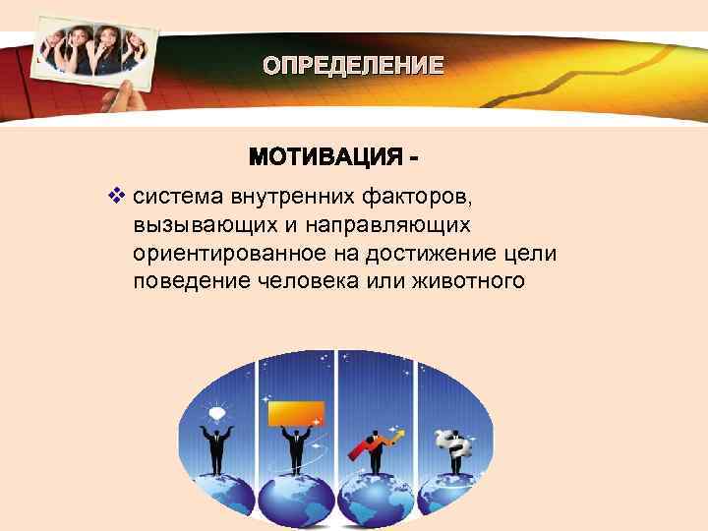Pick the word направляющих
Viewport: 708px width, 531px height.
click(385, 226)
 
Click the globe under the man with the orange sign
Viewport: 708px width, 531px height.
click(296, 501)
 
